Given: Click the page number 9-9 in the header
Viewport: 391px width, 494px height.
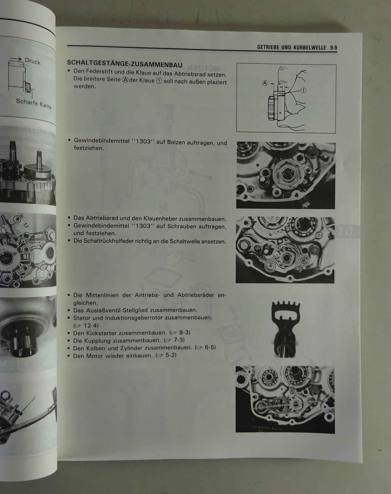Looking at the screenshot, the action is pos(334,48).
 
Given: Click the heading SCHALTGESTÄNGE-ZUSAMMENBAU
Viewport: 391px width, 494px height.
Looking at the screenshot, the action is pos(125,64).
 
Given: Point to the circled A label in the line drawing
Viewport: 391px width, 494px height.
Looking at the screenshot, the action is pos(265,83).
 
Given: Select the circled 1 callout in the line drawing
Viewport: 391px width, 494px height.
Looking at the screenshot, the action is pos(303,90).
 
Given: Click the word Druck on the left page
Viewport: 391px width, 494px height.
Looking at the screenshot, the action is pos(33,61).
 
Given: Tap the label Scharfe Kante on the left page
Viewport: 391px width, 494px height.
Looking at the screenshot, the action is pos(34,103).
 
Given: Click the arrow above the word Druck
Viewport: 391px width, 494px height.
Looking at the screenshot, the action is pos(16,59).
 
